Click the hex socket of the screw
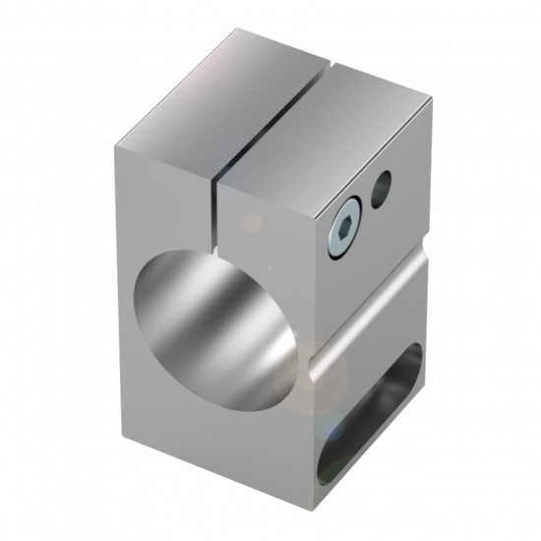tap(341, 231)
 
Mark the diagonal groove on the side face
tap(370, 316)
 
